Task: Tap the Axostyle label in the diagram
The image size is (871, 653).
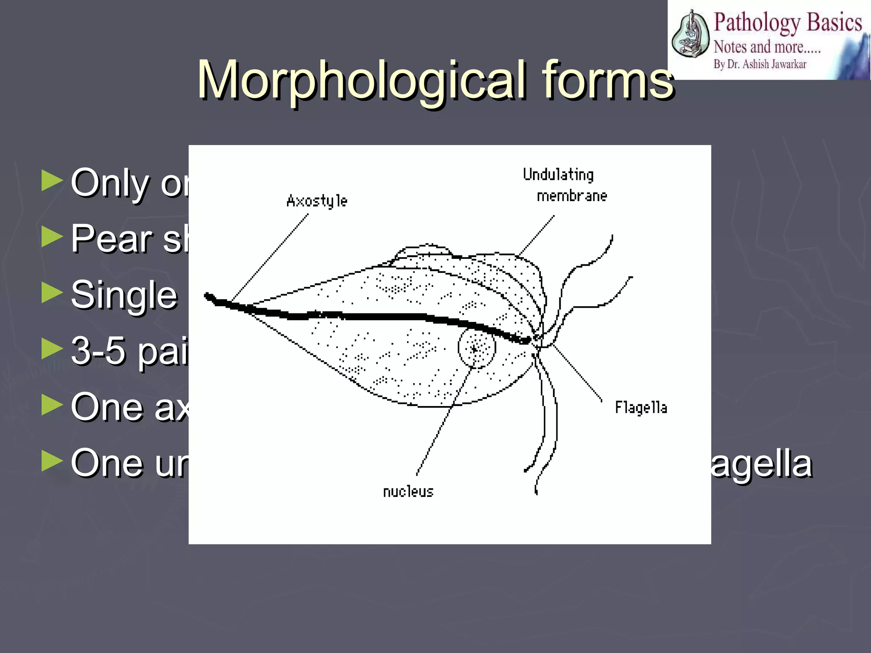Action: pyautogui.click(x=317, y=201)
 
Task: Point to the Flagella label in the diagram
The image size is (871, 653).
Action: pyautogui.click(x=641, y=408)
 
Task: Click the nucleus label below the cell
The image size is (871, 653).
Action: pyautogui.click(x=408, y=492)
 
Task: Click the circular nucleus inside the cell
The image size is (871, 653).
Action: pyautogui.click(x=477, y=348)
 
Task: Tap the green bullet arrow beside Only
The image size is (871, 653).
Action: pyautogui.click(x=52, y=181)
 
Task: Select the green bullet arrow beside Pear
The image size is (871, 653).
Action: pyautogui.click(x=52, y=237)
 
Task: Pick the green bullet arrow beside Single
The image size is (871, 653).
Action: pyautogui.click(x=52, y=293)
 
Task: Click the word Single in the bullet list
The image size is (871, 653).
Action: pyautogui.click(x=124, y=295)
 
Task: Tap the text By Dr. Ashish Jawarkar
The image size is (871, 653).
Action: pyautogui.click(x=760, y=64)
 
